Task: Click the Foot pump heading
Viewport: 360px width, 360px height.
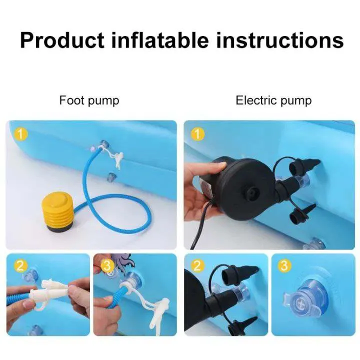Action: coord(89,100)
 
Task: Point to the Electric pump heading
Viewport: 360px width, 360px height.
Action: coord(273,100)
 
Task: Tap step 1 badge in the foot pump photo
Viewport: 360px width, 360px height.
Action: coord(20,134)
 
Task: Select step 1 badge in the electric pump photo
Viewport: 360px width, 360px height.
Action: coord(197,134)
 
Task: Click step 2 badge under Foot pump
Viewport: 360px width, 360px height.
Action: coord(20,266)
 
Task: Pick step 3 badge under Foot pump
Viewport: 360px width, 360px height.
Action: coord(107,266)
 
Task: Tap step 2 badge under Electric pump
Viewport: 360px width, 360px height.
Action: coord(197,266)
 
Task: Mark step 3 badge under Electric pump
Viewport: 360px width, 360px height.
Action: coord(284,266)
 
